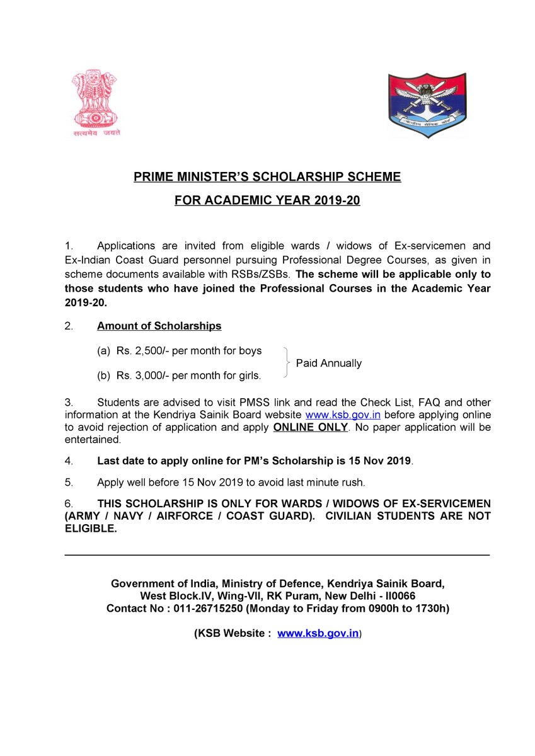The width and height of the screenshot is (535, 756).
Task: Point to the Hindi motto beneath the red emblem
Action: click(95, 133)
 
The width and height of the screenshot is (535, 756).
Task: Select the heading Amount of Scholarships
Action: click(159, 326)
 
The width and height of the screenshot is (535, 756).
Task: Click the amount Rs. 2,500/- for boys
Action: click(141, 351)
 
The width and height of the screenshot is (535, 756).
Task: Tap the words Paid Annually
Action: click(328, 364)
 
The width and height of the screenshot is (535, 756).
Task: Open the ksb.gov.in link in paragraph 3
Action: click(342, 415)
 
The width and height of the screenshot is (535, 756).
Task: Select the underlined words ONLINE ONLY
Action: click(310, 428)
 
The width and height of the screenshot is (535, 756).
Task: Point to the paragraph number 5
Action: click(69, 483)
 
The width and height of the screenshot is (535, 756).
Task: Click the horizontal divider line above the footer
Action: click(277, 554)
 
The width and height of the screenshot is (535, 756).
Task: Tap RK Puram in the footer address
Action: click(273, 596)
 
